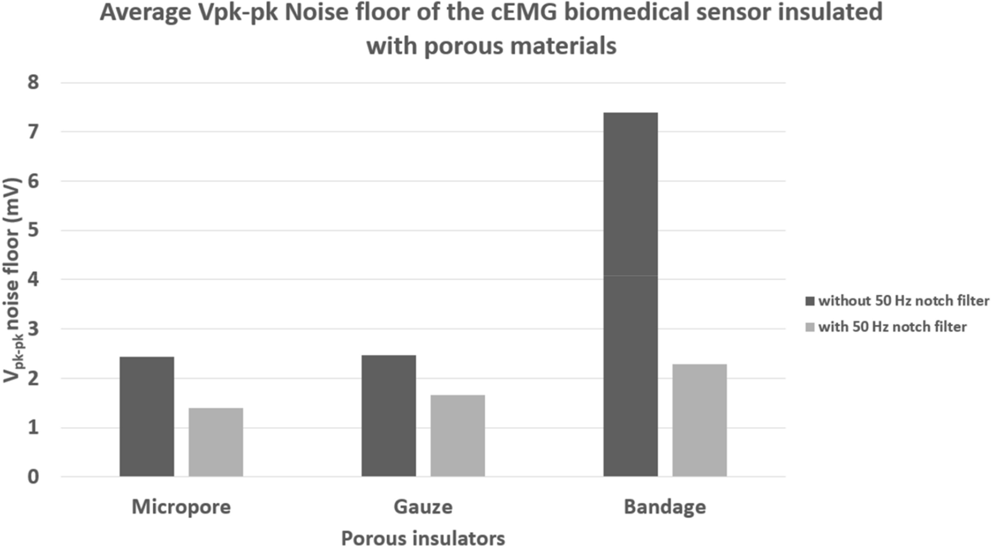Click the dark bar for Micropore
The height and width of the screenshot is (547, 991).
(147, 417)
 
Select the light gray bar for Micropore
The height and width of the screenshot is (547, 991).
(216, 442)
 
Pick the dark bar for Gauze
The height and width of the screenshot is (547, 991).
(389, 416)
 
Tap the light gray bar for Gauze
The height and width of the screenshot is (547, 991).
(458, 435)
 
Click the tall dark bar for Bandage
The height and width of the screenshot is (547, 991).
(630, 294)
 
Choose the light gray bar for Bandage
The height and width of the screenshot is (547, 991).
(699, 420)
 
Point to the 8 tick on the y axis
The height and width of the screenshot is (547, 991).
(33, 82)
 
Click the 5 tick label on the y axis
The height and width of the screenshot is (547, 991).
(33, 230)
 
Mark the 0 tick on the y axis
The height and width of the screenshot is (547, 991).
(33, 477)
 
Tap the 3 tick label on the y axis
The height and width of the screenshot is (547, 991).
(33, 329)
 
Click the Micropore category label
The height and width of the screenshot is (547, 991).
(181, 507)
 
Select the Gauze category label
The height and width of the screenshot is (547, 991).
(423, 507)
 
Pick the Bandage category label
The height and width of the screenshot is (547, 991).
(665, 507)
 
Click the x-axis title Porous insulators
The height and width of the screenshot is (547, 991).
(423, 538)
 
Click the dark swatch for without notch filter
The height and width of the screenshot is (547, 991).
(810, 301)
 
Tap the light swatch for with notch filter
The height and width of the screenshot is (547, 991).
(810, 327)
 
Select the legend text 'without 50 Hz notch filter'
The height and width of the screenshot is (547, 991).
(903, 301)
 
